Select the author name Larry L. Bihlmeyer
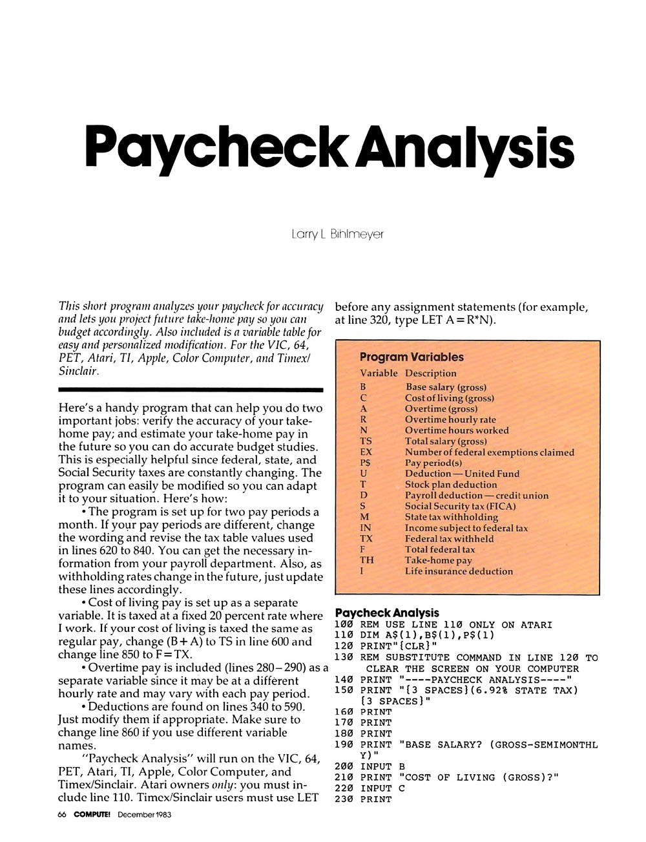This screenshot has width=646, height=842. coord(337,234)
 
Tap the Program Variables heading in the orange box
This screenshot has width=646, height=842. coord(412,357)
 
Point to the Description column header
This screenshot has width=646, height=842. coord(430,373)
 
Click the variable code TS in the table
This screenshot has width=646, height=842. coord(366,441)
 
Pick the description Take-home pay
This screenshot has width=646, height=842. coord(438,560)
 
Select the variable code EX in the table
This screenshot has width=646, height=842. coord(366,452)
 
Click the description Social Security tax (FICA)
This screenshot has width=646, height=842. coord(460,506)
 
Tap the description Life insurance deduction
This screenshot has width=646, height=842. coord(459,571)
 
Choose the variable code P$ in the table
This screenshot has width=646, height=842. coord(366,463)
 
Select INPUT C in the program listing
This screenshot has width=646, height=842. coord(382,788)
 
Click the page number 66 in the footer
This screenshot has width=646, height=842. coord(62,814)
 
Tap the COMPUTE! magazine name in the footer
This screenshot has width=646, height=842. coord(92,814)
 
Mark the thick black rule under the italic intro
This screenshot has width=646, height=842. coord(191,390)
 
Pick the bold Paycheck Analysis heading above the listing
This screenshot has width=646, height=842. coord(387,613)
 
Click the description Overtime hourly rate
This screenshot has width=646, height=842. coord(450,419)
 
